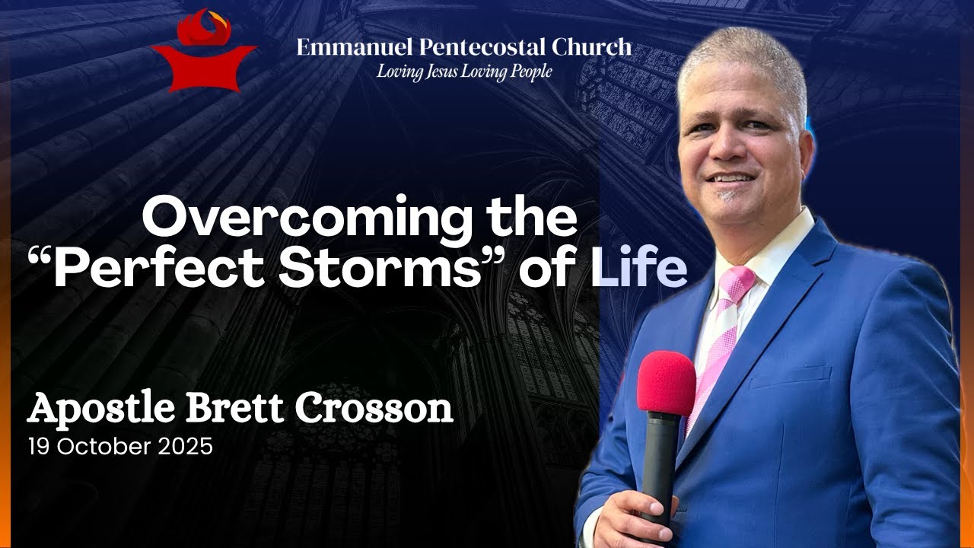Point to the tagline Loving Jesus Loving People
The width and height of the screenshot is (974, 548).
click(x=464, y=72)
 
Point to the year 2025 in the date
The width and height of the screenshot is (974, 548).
click(x=186, y=447)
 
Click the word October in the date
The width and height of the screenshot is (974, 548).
click(x=106, y=447)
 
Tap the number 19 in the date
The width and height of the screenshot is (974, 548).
click(x=37, y=447)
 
